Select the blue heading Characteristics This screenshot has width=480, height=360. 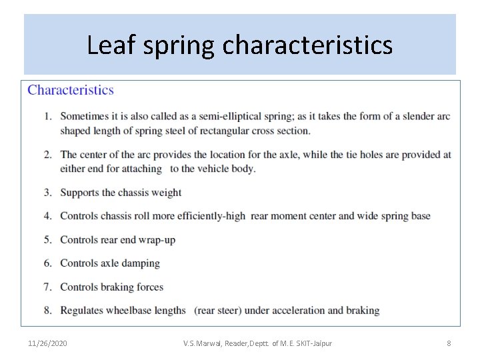click(x=71, y=90)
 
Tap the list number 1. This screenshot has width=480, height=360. click(x=47, y=116)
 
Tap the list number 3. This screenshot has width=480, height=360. click(x=47, y=193)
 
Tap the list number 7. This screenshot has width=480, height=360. click(x=47, y=287)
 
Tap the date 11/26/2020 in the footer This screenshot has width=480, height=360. click(x=47, y=343)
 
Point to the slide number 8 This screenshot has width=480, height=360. click(x=449, y=343)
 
